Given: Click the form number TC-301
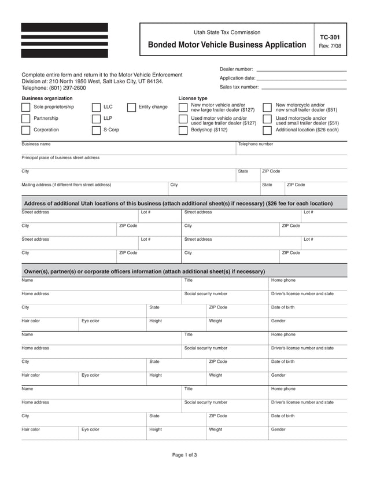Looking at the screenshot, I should [x=330, y=36].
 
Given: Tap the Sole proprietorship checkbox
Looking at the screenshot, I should [x=26, y=107].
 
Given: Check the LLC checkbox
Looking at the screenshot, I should [x=96, y=107].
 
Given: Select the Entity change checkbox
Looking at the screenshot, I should [x=131, y=107].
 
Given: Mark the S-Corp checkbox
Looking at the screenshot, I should [x=96, y=130].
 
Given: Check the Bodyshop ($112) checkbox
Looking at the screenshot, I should [x=183, y=130].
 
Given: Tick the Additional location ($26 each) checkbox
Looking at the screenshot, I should [x=267, y=130].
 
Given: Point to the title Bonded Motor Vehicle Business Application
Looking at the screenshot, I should [x=227, y=45].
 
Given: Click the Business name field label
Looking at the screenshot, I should [x=36, y=144].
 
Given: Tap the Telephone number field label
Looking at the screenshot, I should [x=256, y=144].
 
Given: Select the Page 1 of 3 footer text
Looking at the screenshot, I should [x=184, y=455].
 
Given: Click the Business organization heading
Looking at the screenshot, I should [x=47, y=98].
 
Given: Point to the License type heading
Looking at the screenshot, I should [x=193, y=98].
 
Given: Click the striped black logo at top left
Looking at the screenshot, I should [x=64, y=40].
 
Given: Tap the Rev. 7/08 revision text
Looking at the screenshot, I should [x=330, y=46].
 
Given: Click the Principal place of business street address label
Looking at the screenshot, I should [x=60, y=157].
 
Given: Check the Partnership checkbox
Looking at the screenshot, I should [x=26, y=119].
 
